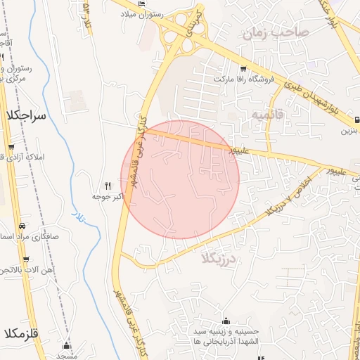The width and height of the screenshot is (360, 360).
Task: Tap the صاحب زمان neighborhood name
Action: coord(275,32)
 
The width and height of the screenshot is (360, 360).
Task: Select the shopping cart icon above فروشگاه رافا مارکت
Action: coord(243,68)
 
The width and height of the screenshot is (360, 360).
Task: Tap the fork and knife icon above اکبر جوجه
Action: coord(108,186)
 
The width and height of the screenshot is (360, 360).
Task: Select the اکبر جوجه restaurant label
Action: coord(108,196)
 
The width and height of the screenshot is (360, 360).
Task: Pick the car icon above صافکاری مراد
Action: coord(22,226)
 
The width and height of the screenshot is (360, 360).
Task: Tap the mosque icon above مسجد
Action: coord(67,345)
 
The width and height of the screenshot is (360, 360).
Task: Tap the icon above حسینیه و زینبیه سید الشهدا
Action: coord(226,321)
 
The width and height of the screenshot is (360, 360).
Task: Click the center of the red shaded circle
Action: coord(180,179)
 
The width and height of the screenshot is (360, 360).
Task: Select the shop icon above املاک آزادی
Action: coord(10,147)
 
